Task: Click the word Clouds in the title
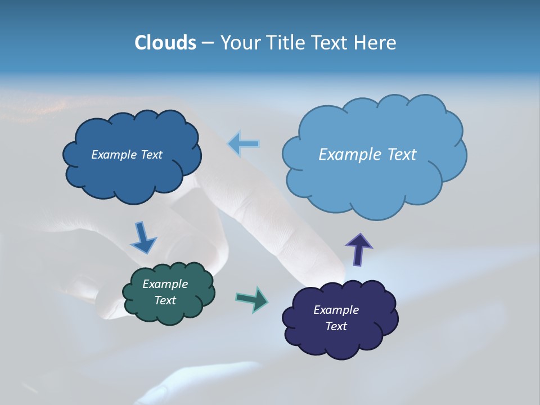coord(165,43)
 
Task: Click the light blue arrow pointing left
coord(244,144)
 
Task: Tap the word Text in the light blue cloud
coord(402,155)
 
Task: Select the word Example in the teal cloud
coord(165,285)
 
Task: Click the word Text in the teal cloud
coord(165,301)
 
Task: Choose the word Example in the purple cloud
coord(336,310)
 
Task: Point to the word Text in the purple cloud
coord(336,326)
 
